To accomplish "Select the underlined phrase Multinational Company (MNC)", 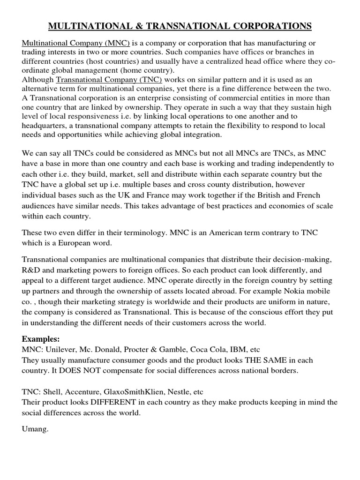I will [x=76, y=43].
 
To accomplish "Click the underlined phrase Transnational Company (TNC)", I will [x=109, y=80].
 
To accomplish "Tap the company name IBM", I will [x=234, y=350].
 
